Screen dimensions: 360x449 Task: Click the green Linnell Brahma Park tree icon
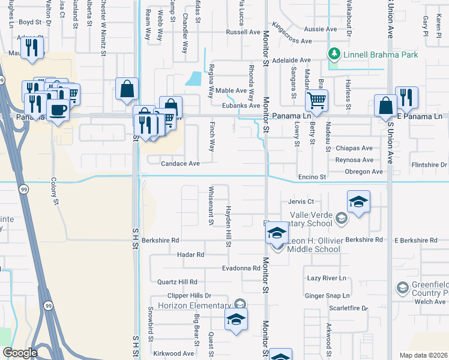click(335, 55)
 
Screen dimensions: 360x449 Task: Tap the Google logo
click(20, 353)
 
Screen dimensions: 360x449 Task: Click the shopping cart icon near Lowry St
click(316, 100)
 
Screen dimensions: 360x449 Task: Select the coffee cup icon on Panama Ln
click(58, 110)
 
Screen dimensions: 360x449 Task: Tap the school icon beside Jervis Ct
click(358, 201)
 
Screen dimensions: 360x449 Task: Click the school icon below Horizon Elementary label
click(237, 319)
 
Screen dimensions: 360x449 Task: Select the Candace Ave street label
click(179, 163)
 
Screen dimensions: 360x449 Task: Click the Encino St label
click(312, 177)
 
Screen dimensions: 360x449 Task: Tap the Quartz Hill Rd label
click(177, 281)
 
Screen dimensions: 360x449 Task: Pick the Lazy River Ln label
click(327, 278)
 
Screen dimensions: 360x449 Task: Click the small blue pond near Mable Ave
click(194, 79)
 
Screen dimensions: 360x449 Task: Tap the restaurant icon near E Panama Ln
click(406, 97)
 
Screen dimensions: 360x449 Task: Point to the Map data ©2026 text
click(424, 355)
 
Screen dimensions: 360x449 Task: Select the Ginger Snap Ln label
click(327, 296)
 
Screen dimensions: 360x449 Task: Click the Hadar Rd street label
click(191, 254)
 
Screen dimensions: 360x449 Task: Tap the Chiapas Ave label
click(354, 148)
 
